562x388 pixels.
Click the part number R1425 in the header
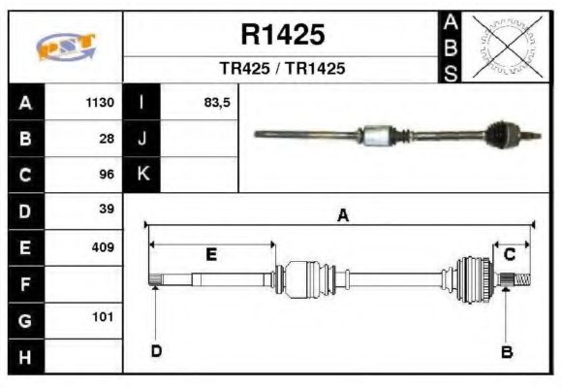pyautogui.click(x=282, y=36)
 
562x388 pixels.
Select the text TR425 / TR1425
pyautogui.click(x=282, y=70)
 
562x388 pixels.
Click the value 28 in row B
pyautogui.click(x=107, y=139)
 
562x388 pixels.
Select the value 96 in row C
pyautogui.click(x=107, y=175)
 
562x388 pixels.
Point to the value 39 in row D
pyautogui.click(x=107, y=210)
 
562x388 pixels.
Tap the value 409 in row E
pyautogui.click(x=103, y=246)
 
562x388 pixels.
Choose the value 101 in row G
pyautogui.click(x=103, y=317)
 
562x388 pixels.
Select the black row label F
pyautogui.click(x=25, y=283)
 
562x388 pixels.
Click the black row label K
pyautogui.click(x=141, y=175)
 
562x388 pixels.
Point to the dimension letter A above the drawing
pyautogui.click(x=342, y=215)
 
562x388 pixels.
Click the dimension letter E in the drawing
pyautogui.click(x=211, y=254)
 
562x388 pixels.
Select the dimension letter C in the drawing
pyautogui.click(x=509, y=254)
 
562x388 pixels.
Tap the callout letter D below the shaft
pyautogui.click(x=155, y=351)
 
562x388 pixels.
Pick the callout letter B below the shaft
pyautogui.click(x=506, y=351)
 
